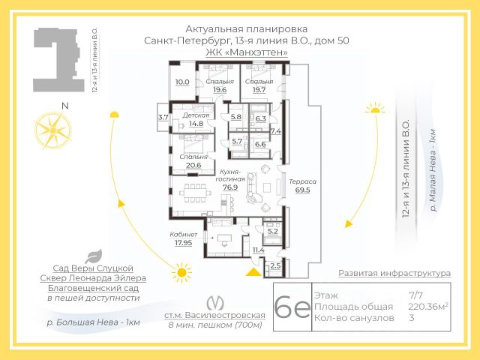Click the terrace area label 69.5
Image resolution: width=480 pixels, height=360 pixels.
303,191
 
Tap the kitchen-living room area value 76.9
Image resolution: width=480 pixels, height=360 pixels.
229,187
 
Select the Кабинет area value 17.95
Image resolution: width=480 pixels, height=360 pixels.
184,242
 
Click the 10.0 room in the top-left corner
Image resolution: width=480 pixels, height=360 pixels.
182,82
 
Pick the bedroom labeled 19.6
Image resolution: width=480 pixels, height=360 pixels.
219,89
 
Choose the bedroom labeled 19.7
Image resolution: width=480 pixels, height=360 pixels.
259,89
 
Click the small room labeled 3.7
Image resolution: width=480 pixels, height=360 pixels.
163,117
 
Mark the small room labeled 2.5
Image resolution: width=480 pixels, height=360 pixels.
274,265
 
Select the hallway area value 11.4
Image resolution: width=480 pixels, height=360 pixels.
258,250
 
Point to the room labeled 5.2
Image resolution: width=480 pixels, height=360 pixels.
272,232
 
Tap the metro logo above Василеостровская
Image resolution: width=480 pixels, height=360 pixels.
215,301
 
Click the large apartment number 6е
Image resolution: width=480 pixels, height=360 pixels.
292,307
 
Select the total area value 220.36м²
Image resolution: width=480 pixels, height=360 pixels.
427,307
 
